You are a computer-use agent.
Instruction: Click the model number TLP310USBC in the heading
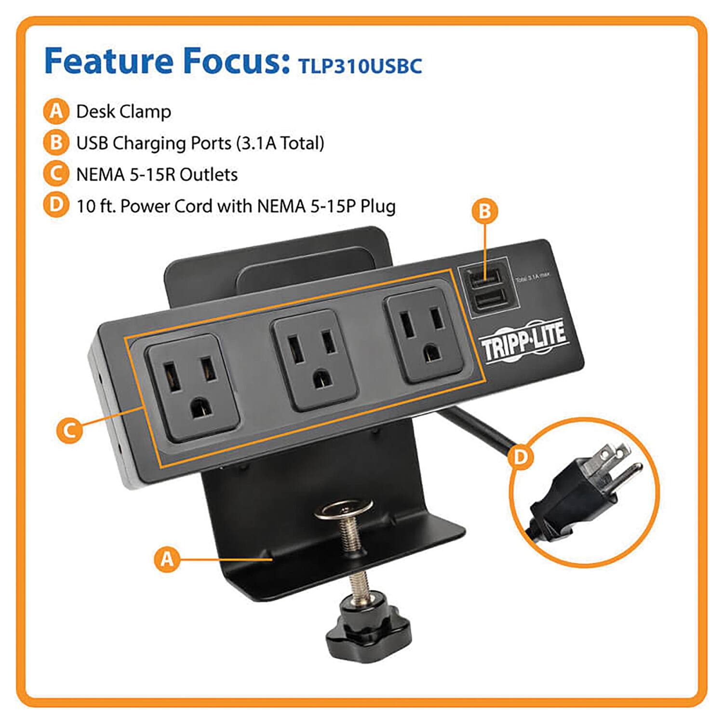360,66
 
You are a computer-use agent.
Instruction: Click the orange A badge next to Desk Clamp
56,111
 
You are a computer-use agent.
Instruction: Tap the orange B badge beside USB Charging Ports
56,143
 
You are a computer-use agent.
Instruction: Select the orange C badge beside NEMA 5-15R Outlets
56,174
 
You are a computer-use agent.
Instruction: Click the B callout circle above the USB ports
484,211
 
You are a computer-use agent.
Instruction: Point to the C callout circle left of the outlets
69,430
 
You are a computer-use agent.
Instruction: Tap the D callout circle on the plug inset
521,456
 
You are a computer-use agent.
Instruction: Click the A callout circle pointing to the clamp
167,559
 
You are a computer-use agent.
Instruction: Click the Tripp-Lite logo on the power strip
524,340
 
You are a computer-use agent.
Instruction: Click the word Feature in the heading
108,61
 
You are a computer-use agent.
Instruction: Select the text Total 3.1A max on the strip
532,277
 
